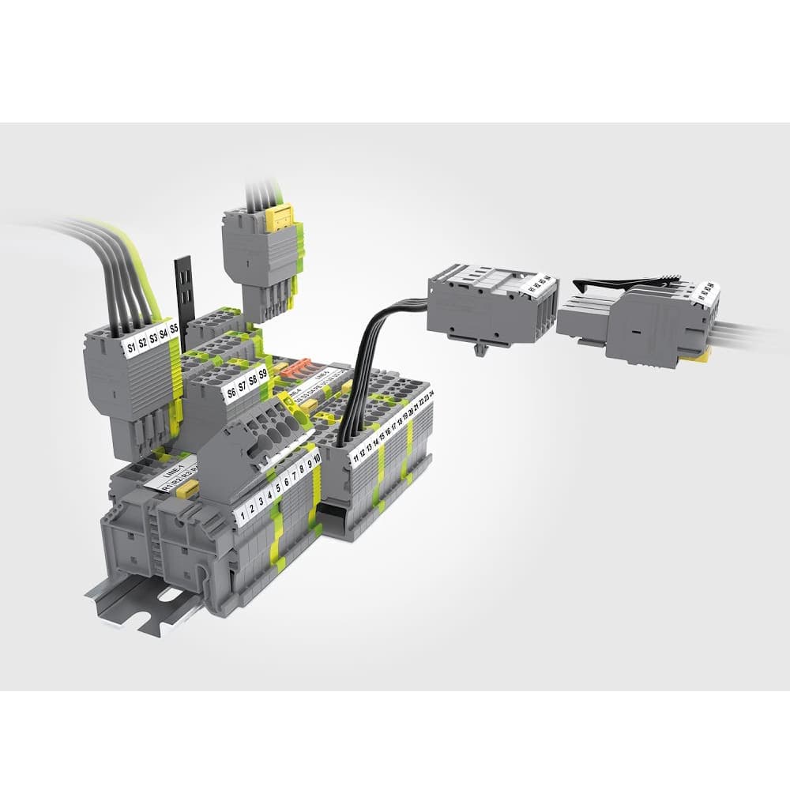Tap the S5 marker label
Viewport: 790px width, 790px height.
(174, 327)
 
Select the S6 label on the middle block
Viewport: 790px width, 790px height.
(231, 390)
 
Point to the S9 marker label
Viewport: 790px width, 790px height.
(263, 373)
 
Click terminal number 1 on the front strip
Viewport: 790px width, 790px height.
(242, 517)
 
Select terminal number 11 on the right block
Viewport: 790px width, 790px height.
(356, 458)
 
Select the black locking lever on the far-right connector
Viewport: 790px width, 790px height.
(624, 281)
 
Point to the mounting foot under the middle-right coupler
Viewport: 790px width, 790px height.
(480, 347)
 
